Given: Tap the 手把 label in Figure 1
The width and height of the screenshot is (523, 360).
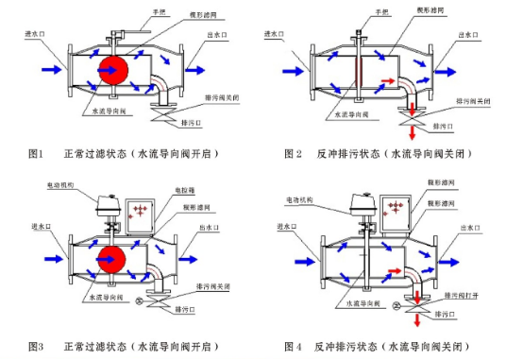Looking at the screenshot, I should [x=146, y=13].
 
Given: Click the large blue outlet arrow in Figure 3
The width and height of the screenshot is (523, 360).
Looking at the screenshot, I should [x=199, y=255].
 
